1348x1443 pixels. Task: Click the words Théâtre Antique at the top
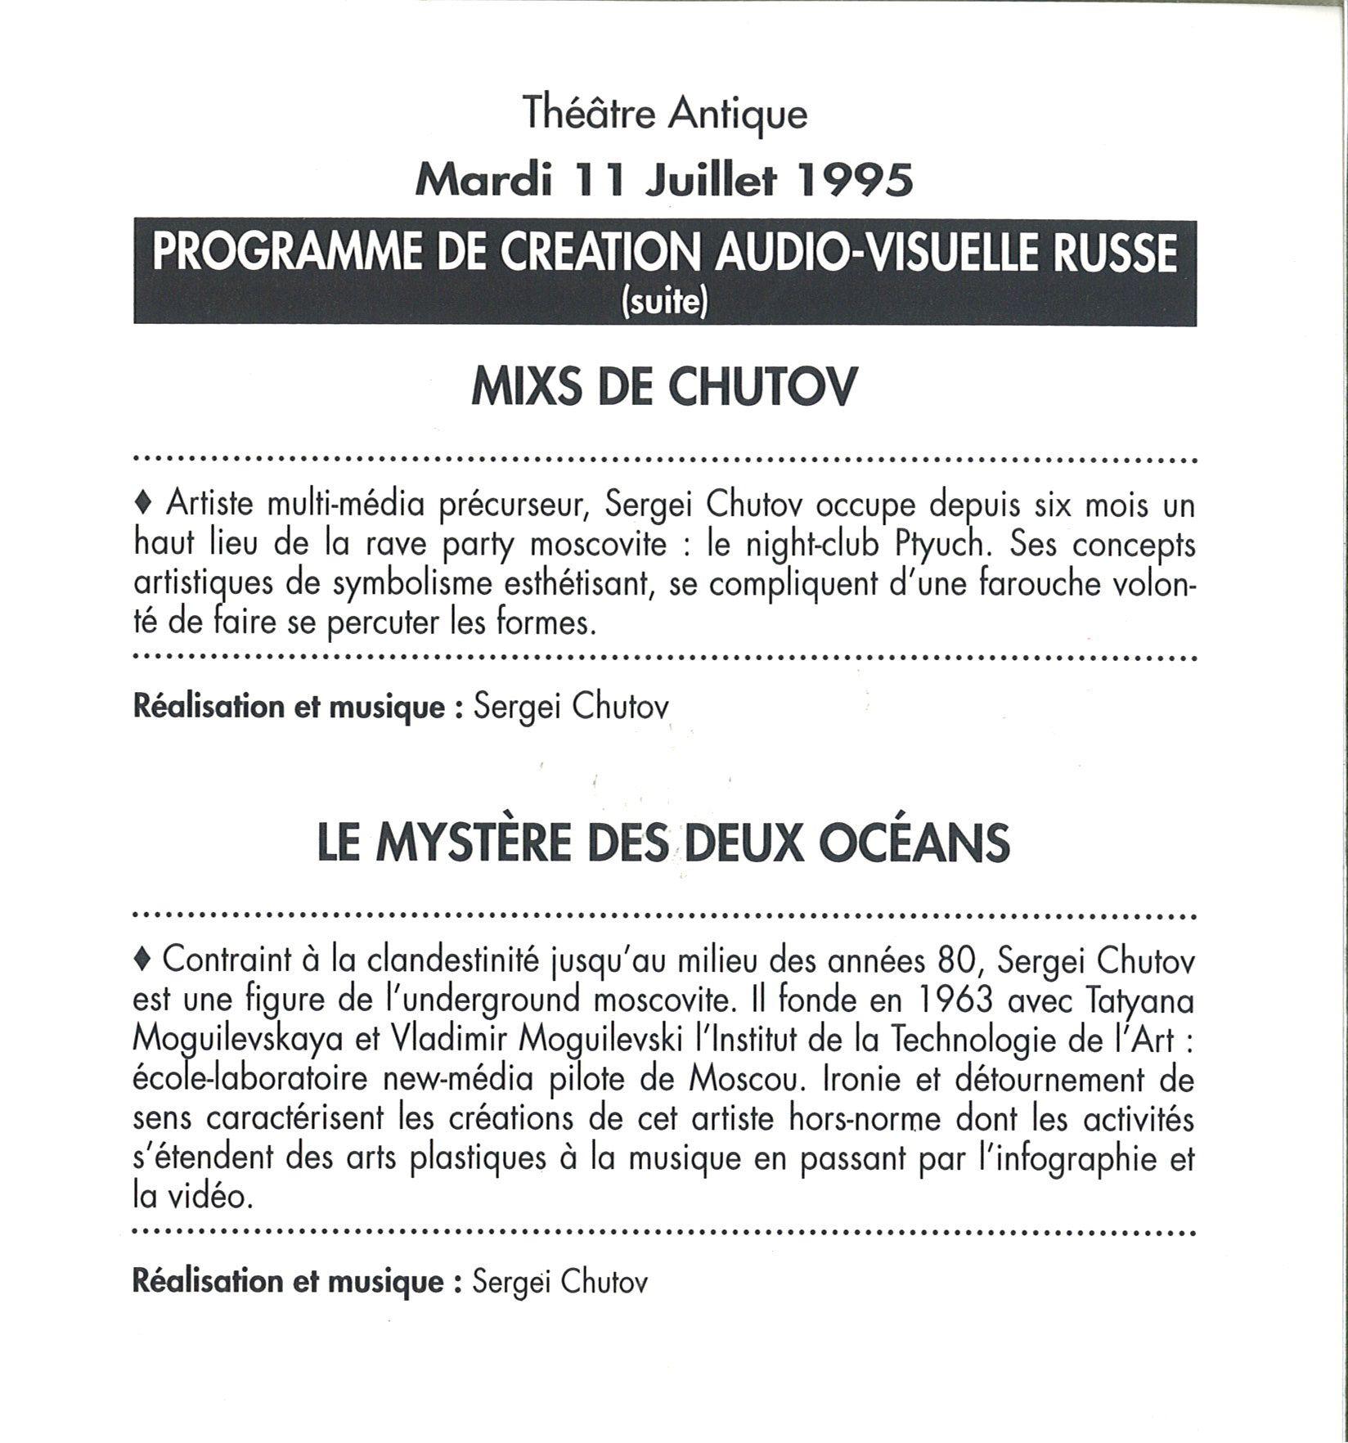point(665,115)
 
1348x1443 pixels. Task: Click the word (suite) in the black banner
point(664,303)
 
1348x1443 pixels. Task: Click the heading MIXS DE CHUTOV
point(664,387)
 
